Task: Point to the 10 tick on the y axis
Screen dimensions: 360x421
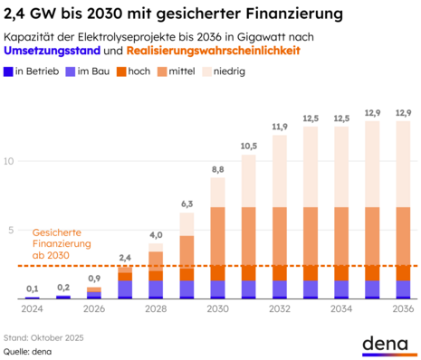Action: pos(9,161)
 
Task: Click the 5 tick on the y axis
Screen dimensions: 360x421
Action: pos(11,230)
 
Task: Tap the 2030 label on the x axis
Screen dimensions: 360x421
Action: pos(217,308)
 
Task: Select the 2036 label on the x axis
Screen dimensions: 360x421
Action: pos(402,308)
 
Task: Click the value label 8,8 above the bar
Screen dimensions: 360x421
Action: pos(218,169)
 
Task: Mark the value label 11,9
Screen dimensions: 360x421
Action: pos(280,127)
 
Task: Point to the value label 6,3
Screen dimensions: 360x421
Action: pos(187,204)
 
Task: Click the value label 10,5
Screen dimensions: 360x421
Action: pos(249,146)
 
